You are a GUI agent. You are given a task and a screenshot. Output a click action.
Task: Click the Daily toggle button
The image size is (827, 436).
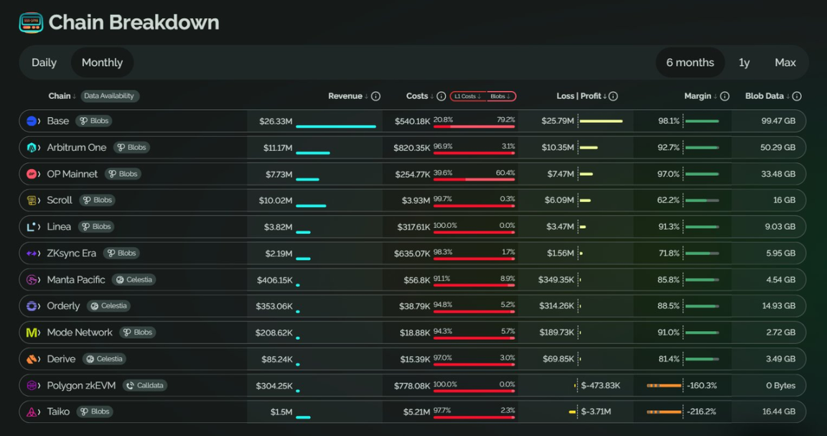coord(44,62)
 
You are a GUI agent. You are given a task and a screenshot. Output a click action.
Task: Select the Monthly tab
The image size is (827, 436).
coord(102,62)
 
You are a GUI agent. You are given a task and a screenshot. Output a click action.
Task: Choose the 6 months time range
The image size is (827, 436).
coord(690,62)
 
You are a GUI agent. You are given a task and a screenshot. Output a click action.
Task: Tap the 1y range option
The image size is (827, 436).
coord(744,62)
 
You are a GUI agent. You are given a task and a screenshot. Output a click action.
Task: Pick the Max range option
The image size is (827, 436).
coord(785,62)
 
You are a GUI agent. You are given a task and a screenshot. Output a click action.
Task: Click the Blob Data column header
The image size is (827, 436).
coord(765,96)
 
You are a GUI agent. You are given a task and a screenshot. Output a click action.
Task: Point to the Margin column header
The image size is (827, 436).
coord(698,96)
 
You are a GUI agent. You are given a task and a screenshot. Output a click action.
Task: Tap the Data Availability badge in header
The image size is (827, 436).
coord(110,96)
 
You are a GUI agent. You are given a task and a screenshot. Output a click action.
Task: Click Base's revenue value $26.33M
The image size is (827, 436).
coord(276,121)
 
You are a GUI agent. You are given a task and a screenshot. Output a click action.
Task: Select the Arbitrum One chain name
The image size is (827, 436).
coord(77,147)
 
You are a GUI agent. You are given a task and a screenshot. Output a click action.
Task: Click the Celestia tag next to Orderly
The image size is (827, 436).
coord(109,306)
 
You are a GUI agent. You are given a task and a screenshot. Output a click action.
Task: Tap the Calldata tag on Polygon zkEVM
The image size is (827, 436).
coord(145,386)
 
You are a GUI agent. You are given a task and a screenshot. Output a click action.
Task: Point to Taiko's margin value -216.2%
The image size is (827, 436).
coord(701,412)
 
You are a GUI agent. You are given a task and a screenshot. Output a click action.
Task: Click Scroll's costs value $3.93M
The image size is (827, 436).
coord(414,200)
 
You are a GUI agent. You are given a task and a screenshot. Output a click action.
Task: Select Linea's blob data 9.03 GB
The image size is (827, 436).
coord(780,227)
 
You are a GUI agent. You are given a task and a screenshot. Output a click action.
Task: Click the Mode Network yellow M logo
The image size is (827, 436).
coord(32,333)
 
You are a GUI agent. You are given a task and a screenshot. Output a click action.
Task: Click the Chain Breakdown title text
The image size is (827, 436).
coord(134,22)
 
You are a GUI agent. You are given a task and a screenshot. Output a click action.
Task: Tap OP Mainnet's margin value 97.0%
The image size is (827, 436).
coord(668,174)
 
